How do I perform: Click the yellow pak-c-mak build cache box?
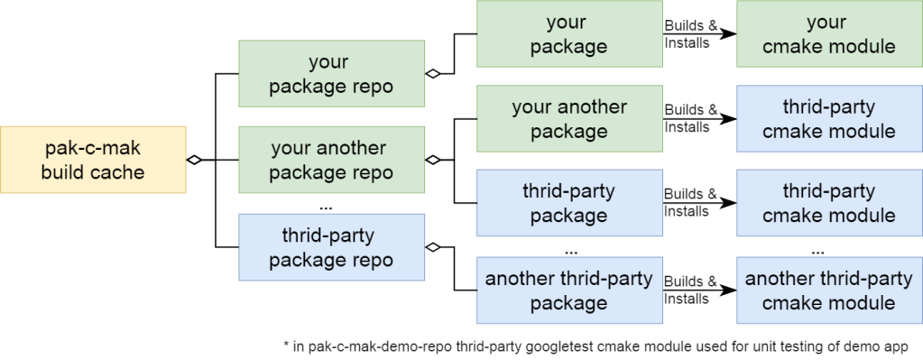[93, 160]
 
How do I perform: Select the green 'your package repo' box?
[331, 75]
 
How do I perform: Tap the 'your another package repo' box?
[331, 160]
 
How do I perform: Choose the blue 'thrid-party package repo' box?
[331, 247]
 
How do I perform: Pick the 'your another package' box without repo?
[568, 119]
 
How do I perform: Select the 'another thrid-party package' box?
[568, 291]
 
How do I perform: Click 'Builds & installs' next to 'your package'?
[691, 34]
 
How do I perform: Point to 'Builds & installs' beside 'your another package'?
[691, 118]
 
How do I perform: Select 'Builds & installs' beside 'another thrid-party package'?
[691, 290]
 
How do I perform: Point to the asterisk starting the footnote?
[285, 344]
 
